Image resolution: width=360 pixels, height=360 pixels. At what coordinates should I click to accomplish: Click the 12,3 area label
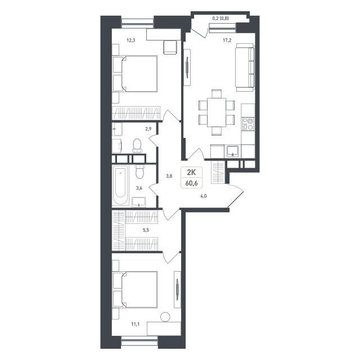[130, 40]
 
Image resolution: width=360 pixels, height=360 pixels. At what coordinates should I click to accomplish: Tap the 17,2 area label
[227, 40]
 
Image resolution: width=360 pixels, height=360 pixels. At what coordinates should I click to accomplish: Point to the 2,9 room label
[148, 129]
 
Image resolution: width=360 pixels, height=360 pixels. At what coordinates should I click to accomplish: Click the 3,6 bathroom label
[139, 188]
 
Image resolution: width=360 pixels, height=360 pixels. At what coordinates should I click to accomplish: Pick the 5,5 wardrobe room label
[146, 230]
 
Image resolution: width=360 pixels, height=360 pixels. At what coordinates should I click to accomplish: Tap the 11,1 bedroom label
[135, 324]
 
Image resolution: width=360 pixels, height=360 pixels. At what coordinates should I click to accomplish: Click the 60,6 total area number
[192, 183]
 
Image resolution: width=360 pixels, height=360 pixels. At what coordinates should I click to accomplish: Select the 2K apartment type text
[191, 172]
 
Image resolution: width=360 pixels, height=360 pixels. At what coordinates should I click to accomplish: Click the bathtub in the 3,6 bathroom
[120, 185]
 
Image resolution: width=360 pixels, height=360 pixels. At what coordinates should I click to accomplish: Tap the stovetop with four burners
[247, 124]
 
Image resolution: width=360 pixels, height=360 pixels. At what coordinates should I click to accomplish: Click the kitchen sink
[233, 151]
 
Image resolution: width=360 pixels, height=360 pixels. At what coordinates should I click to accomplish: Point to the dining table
[217, 112]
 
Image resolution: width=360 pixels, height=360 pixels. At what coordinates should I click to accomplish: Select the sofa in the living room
[245, 67]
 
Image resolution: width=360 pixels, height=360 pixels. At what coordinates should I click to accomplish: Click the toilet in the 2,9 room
[137, 146]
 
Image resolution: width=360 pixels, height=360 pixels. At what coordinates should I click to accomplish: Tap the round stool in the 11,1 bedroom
[165, 317]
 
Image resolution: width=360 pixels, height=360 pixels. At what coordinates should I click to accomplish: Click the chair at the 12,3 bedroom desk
[170, 47]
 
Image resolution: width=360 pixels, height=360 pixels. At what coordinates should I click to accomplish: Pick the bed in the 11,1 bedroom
[135, 290]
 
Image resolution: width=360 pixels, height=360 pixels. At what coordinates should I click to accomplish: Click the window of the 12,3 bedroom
[137, 23]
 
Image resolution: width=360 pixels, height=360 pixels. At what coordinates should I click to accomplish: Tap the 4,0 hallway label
[204, 196]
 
